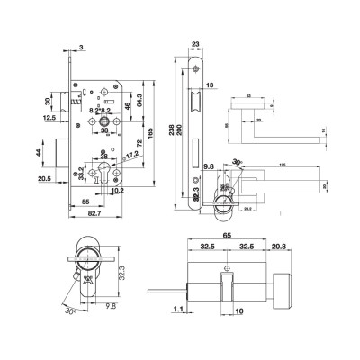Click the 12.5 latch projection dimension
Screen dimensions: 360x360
pyautogui.click(x=49, y=116)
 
